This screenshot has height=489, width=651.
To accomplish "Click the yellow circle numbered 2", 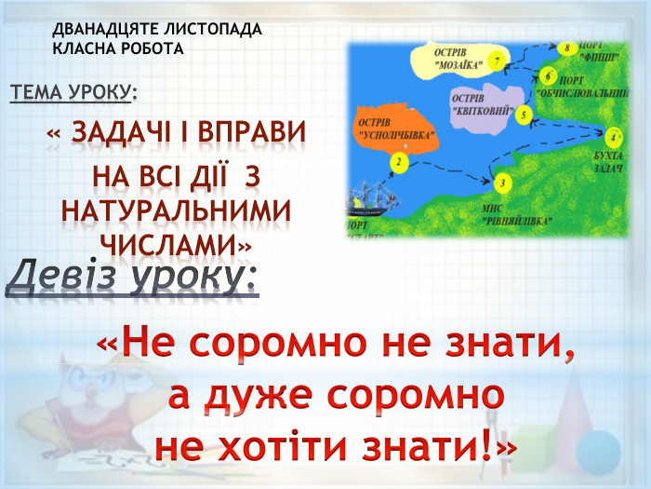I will coord(398,163).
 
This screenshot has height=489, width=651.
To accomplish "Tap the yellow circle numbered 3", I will coord(503,183).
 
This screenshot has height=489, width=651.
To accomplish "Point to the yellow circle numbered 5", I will coord(525,115).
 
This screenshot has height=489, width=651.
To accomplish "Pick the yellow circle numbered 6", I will coord(550,76).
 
